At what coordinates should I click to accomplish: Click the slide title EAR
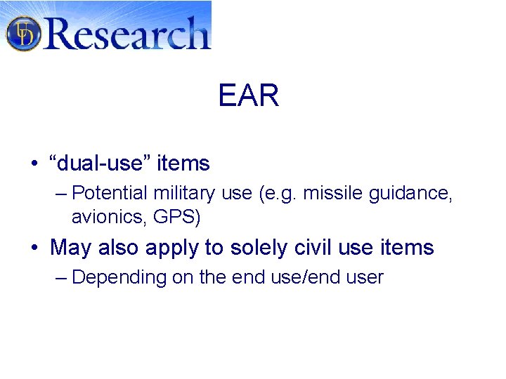point(249,96)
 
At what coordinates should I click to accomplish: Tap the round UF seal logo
point(23,33)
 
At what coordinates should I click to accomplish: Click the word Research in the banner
point(127,33)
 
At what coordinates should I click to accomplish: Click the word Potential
point(109,193)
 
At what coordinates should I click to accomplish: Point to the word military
point(184,193)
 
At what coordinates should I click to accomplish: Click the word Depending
point(119,278)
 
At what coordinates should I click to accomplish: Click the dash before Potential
point(60,194)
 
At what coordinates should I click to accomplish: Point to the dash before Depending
point(60,278)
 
